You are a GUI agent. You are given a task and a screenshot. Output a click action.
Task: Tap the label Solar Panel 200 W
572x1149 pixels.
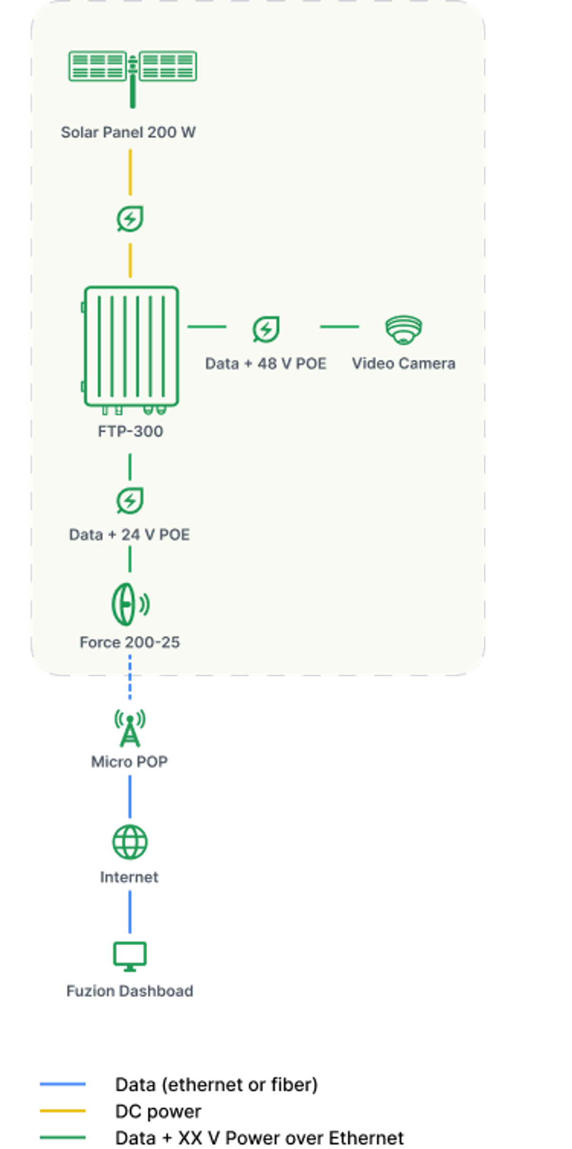click(128, 132)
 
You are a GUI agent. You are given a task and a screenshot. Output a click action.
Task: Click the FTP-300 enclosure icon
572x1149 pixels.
click(131, 347)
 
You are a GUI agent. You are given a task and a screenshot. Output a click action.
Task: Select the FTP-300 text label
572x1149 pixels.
click(131, 431)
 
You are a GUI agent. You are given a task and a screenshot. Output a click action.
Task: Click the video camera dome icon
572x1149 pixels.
click(403, 329)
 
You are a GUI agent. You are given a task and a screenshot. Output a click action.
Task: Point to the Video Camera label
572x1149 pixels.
click(403, 363)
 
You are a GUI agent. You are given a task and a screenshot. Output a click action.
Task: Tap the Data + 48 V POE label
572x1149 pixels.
click(266, 363)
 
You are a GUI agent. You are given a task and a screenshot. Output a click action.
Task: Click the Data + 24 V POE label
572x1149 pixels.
click(129, 534)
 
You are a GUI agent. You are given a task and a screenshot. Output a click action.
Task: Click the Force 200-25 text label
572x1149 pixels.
click(130, 642)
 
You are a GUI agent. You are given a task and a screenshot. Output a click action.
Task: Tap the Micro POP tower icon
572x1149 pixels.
click(130, 728)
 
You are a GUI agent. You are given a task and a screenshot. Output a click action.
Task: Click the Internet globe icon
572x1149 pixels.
click(130, 842)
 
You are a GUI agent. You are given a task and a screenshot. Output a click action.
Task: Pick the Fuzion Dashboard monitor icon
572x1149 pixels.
click(130, 955)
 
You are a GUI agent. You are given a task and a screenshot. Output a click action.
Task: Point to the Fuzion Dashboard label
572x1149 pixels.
click(130, 991)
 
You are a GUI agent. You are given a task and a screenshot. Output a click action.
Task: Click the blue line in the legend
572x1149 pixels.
click(62, 1084)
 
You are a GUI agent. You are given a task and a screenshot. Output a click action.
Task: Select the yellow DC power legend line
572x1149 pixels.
click(62, 1111)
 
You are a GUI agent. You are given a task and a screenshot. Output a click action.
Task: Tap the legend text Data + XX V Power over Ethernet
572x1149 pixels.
click(259, 1138)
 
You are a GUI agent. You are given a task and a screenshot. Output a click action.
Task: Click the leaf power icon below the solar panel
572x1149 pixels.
click(130, 219)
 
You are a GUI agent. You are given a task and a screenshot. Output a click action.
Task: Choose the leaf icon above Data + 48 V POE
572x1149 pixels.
click(266, 329)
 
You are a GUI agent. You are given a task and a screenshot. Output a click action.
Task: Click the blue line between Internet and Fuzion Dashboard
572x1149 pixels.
click(130, 911)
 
